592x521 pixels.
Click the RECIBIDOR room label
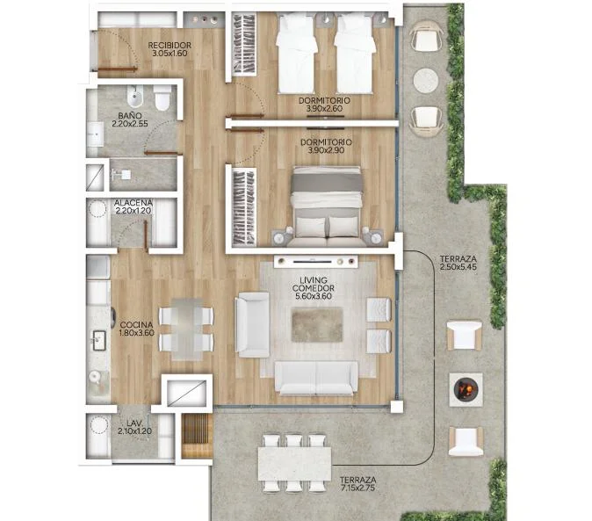click(170, 49)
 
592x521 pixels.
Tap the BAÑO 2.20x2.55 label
click(129, 119)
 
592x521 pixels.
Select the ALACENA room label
click(134, 206)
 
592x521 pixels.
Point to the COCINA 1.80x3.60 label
click(136, 329)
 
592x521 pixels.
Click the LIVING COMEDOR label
click(314, 288)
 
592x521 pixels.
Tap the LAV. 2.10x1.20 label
click(134, 427)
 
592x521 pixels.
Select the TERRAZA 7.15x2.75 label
click(357, 483)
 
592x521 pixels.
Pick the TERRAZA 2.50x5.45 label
click(458, 263)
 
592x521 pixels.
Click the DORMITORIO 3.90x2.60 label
click(324, 105)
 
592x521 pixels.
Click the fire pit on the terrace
click(466, 389)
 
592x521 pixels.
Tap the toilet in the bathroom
click(162, 98)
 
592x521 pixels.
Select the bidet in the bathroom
click(134, 97)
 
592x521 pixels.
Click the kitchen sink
click(99, 340)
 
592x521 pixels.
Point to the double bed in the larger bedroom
click(327, 206)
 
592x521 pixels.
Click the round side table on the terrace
click(426, 81)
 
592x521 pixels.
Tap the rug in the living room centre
click(317, 325)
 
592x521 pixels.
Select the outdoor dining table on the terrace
click(294, 465)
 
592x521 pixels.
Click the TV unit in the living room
click(315, 261)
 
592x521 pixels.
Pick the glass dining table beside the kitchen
click(186, 329)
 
